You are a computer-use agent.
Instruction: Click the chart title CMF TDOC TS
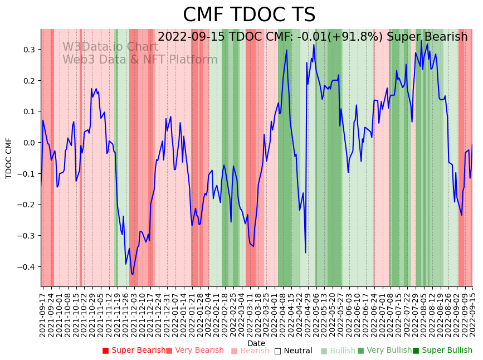(x=249, y=15)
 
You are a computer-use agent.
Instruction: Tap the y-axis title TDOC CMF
(x=9, y=158)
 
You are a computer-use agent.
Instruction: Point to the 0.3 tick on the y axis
(x=28, y=50)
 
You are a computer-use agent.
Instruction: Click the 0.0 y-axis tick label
(x=28, y=143)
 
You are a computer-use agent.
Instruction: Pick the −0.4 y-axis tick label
(x=26, y=267)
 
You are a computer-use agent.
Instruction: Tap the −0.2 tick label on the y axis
(x=26, y=205)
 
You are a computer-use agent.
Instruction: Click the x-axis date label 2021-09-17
(x=43, y=313)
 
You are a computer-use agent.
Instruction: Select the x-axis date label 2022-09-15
(x=472, y=313)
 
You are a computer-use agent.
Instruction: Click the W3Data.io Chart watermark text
(x=110, y=47)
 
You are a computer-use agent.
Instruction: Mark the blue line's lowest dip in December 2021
(x=133, y=274)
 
